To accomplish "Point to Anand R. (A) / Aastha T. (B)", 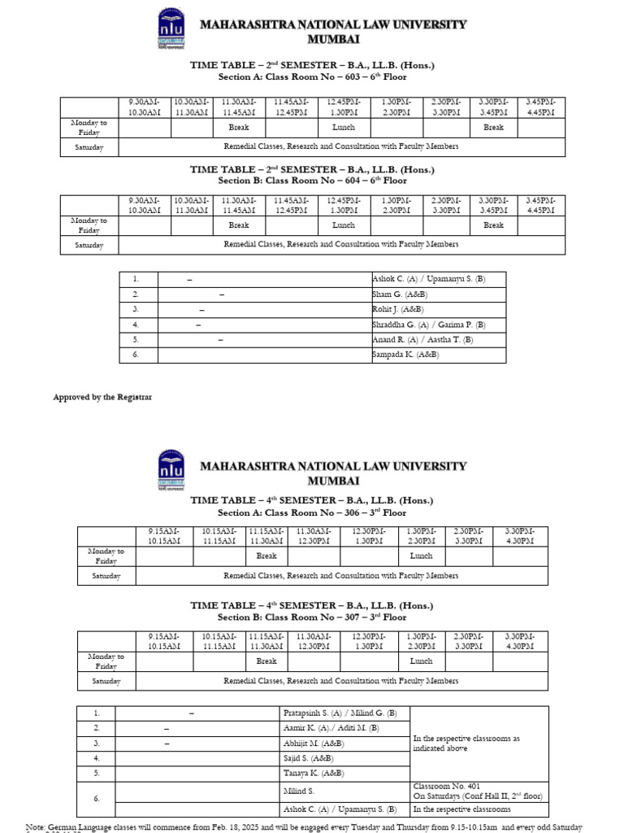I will (422, 340).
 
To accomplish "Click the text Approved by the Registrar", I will (102, 397).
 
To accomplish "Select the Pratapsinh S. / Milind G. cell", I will (340, 713).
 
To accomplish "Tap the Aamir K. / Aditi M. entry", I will (331, 728).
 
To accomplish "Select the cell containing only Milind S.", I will (299, 791).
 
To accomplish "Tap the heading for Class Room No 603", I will (312, 77).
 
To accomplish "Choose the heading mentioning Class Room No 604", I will (312, 181).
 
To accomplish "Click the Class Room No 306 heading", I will (312, 513).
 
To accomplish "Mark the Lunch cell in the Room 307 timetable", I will (421, 661).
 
